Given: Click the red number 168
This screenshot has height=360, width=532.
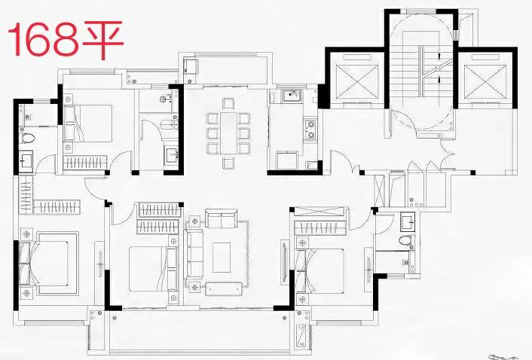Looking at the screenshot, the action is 44,39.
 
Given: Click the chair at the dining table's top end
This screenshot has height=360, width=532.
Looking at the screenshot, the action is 228,103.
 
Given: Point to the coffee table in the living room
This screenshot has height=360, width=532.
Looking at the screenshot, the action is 222,258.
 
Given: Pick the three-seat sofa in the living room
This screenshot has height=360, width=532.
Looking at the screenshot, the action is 194,255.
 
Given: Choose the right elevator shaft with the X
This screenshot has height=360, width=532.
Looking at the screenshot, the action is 485,79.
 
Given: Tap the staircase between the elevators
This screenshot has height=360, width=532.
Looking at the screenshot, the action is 421,71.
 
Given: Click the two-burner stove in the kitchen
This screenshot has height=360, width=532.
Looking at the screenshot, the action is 310,129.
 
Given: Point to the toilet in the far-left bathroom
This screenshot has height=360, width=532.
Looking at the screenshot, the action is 27,138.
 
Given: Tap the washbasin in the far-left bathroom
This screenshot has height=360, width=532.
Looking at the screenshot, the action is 25,159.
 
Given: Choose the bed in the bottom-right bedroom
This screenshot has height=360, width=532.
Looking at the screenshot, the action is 320,271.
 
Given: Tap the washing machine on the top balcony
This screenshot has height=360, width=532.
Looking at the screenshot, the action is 191,66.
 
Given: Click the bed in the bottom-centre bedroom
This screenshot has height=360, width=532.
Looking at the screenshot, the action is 153,268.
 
